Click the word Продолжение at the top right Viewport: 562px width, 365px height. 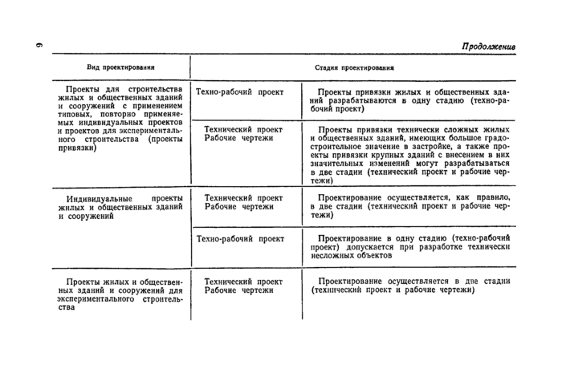pyautogui.click(x=488, y=47)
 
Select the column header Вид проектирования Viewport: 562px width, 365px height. pyautogui.click(x=120, y=67)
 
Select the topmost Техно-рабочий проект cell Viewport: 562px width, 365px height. pyautogui.click(x=239, y=93)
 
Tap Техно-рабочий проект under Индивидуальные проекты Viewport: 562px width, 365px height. pyautogui.click(x=239, y=239)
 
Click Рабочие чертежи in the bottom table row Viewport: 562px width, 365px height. pyautogui.click(x=238, y=290)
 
